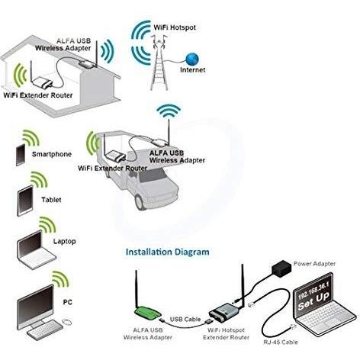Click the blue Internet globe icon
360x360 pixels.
click(192, 59)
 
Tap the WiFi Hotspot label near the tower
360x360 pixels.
click(175, 27)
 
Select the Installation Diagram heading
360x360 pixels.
click(168, 252)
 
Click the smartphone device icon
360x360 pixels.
click(21, 155)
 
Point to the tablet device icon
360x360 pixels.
click(25, 201)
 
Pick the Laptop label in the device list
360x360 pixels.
click(65, 241)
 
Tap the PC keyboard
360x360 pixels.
click(45, 329)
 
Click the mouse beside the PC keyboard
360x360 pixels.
click(67, 322)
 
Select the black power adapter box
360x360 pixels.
click(281, 268)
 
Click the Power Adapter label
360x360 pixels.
click(314, 264)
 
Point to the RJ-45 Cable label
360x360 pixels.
click(281, 342)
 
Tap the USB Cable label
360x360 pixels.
click(185, 319)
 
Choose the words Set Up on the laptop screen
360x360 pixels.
click(313, 301)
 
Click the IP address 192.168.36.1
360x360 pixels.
click(313, 290)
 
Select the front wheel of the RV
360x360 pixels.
click(140, 202)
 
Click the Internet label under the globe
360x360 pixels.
click(192, 69)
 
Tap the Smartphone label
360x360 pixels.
click(52, 154)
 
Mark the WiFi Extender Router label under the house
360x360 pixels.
click(38, 95)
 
